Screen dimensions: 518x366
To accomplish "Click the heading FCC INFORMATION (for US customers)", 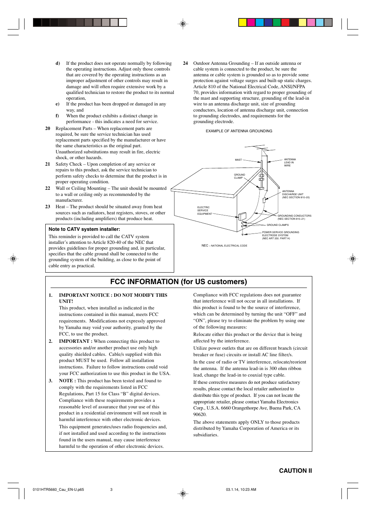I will tap(178, 282).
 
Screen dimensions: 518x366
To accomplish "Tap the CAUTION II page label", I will tap(295, 470).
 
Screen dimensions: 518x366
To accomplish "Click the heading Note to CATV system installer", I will tap(84, 229).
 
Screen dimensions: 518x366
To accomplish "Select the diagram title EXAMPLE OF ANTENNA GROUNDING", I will tap(239, 131).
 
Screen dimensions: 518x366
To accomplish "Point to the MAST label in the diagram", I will tap(238, 160).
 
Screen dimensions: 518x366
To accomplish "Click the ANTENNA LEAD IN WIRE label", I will tap(290, 163).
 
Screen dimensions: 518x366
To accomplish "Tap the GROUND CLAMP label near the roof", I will tap(239, 176).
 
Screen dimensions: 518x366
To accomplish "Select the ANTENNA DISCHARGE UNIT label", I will tap(295, 194).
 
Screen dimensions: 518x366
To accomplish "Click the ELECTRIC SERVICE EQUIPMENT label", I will tap(204, 210).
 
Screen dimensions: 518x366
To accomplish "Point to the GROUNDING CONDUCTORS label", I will tap(294, 217).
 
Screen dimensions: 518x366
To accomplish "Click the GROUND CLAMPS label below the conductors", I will tap(277, 225).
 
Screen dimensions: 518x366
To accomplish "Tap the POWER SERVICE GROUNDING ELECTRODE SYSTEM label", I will tap(280, 235).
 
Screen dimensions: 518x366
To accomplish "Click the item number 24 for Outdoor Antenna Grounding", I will tap(185, 63).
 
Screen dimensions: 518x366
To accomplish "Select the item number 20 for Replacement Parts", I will tap(48, 128).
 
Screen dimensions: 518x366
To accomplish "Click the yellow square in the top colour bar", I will tap(242, 22).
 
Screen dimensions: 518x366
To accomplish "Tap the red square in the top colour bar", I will tap(285, 22).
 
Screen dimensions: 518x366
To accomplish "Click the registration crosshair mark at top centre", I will tap(183, 24).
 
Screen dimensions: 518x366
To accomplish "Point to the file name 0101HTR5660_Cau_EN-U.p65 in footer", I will tap(58, 490).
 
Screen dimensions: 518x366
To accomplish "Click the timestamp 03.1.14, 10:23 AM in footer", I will tap(241, 490).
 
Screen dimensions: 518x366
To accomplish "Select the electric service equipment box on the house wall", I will tap(242, 217).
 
